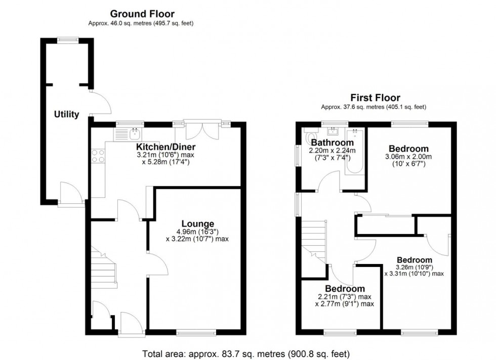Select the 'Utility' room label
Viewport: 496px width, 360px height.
[x=66, y=115]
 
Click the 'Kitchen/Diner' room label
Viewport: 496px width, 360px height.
[x=165, y=147]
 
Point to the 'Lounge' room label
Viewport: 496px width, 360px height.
[x=197, y=223]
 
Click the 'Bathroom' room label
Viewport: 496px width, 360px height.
[x=332, y=143]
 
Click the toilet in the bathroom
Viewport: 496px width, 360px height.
[x=310, y=137]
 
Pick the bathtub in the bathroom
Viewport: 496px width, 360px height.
[x=354, y=152]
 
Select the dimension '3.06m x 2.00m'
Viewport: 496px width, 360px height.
[x=408, y=157]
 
